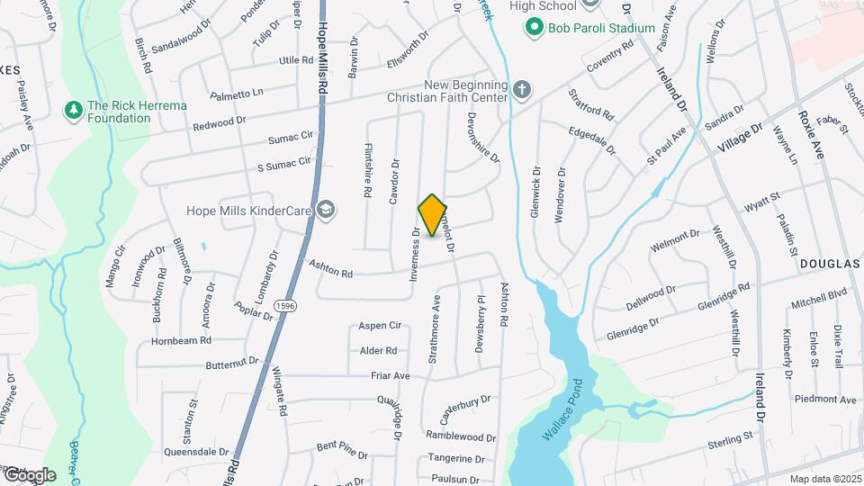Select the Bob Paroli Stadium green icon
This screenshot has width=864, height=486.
point(535,28)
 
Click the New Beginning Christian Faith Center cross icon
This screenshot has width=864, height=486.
point(522,90)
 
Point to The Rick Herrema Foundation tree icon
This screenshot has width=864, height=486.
point(73,111)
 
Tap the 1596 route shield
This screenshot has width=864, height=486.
point(285,306)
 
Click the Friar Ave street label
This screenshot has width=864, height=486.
point(390,375)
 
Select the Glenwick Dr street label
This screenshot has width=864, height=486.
point(535,194)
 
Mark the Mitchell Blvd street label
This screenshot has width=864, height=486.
point(819,293)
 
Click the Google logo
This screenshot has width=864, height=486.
point(30,474)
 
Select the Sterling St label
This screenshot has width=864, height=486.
point(730,437)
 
